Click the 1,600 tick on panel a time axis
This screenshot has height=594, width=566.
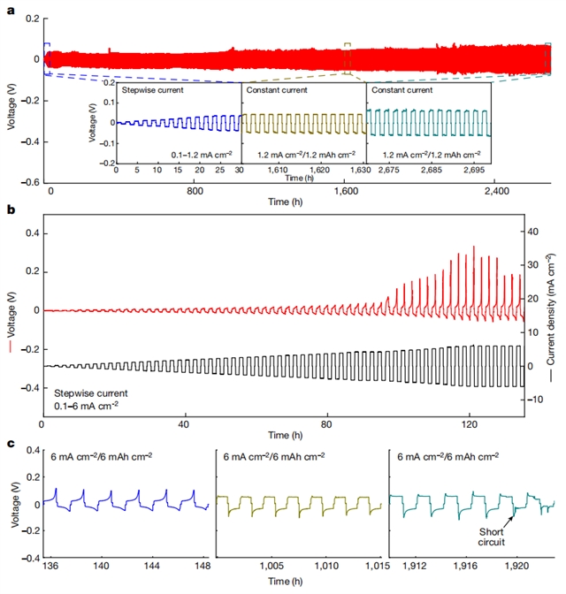pyautogui.click(x=345, y=190)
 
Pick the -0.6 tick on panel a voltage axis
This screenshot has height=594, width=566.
pyautogui.click(x=29, y=181)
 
